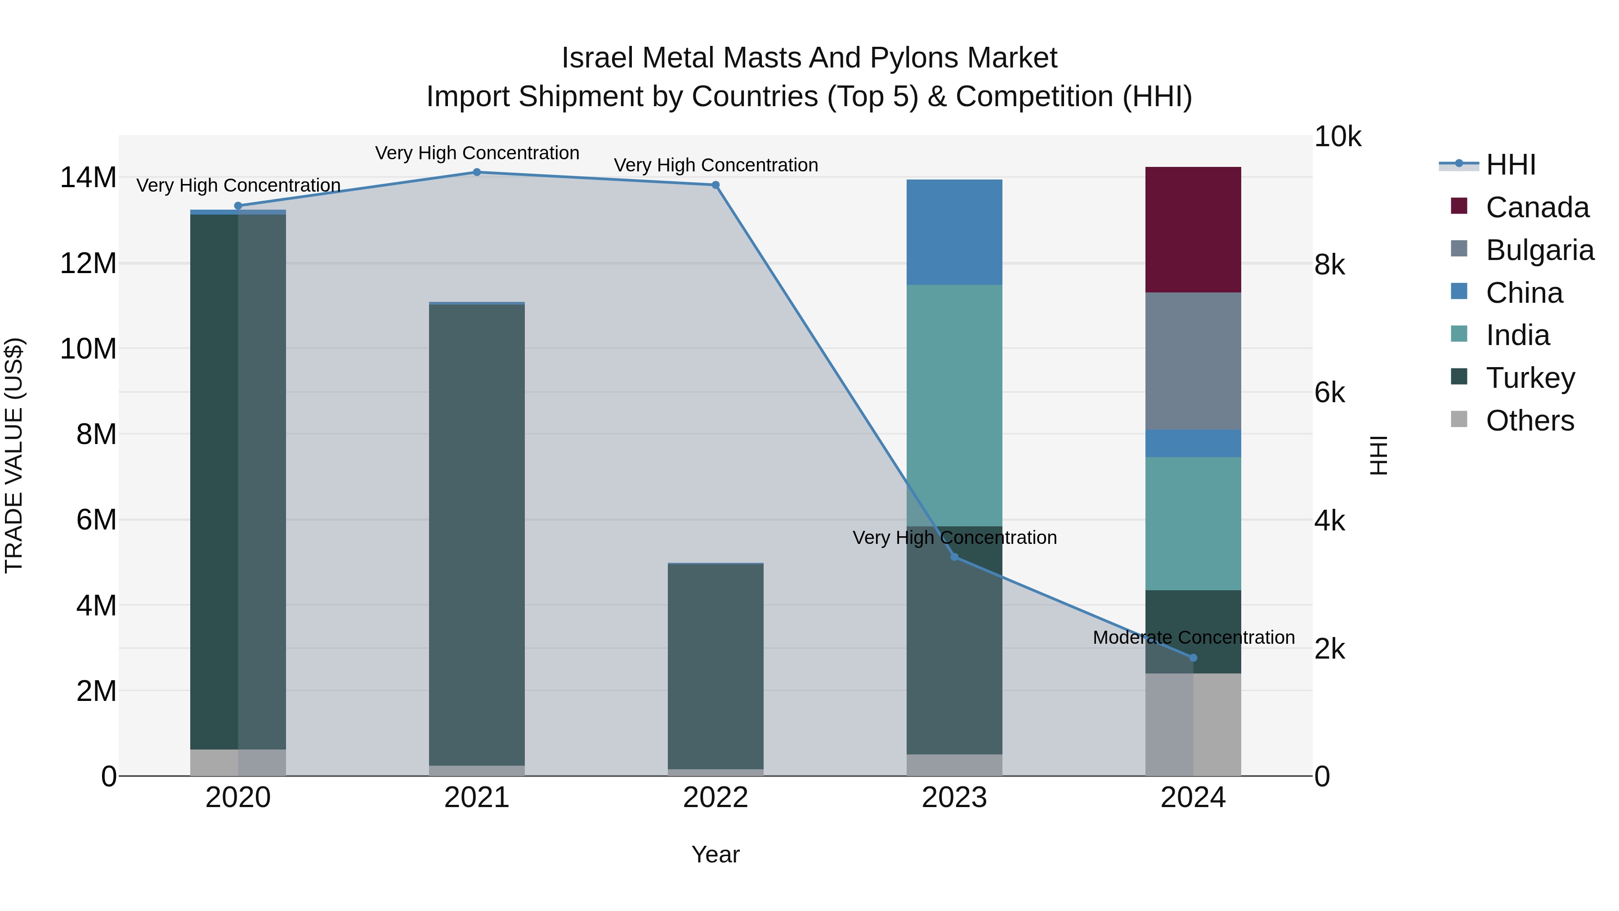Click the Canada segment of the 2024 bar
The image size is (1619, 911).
[x=1192, y=229]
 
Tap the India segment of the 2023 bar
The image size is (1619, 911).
[x=954, y=405]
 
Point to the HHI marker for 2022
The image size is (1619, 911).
[x=715, y=185]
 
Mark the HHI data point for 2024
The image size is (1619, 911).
[x=1193, y=658]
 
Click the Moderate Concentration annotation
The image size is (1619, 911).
[x=1193, y=637]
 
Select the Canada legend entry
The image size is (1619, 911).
[x=1537, y=207]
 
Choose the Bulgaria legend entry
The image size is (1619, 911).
[x=1539, y=250]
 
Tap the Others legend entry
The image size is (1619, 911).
[x=1530, y=421]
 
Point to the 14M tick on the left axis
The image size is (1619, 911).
[x=88, y=177]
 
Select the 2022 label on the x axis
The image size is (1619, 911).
[x=715, y=798]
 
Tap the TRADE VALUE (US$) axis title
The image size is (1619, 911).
[x=14, y=455]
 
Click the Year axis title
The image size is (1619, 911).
[x=715, y=854]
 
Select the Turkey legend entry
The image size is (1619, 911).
[x=1530, y=378]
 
